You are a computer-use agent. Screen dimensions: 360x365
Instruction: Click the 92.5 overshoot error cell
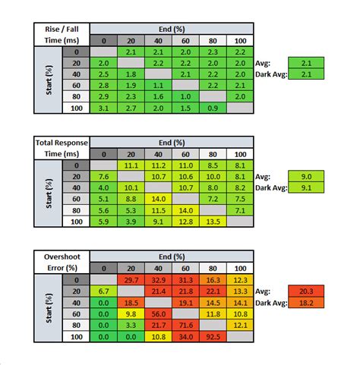[x=213, y=337]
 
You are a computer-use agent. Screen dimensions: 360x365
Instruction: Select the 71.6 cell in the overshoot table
[x=185, y=325]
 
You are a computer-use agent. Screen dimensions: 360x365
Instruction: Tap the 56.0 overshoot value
[x=158, y=314]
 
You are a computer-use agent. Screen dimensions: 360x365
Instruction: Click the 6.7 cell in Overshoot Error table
[x=103, y=291]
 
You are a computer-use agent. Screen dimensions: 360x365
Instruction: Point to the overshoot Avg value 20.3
[x=306, y=291]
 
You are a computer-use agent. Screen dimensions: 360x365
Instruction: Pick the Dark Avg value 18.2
[x=306, y=303]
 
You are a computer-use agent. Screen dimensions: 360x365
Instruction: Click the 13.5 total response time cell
[x=213, y=222]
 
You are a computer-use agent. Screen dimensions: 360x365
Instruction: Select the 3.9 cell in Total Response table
[x=131, y=222]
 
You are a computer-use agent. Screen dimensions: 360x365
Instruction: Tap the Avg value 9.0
[x=306, y=176]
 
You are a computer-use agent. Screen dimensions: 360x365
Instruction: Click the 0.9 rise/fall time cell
[x=213, y=108]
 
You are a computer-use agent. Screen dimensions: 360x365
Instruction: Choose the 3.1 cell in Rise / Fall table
[x=103, y=108]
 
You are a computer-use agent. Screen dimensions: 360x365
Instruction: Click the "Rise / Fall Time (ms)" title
[x=62, y=35]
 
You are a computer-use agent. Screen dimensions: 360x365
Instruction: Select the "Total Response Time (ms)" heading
[x=62, y=148]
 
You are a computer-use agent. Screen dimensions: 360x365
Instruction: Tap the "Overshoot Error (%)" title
[x=62, y=263]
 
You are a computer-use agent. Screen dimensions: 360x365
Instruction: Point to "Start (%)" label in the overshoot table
[x=49, y=308]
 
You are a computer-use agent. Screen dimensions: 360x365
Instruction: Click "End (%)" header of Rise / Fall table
[x=172, y=29]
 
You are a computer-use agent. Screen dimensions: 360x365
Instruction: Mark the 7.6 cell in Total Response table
[x=103, y=177]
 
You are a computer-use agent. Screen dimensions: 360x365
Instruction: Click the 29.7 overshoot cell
[x=131, y=280]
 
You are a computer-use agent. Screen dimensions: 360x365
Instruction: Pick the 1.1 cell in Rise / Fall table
[x=158, y=86]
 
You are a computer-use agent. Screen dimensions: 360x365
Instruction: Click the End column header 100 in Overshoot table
[x=240, y=269]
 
